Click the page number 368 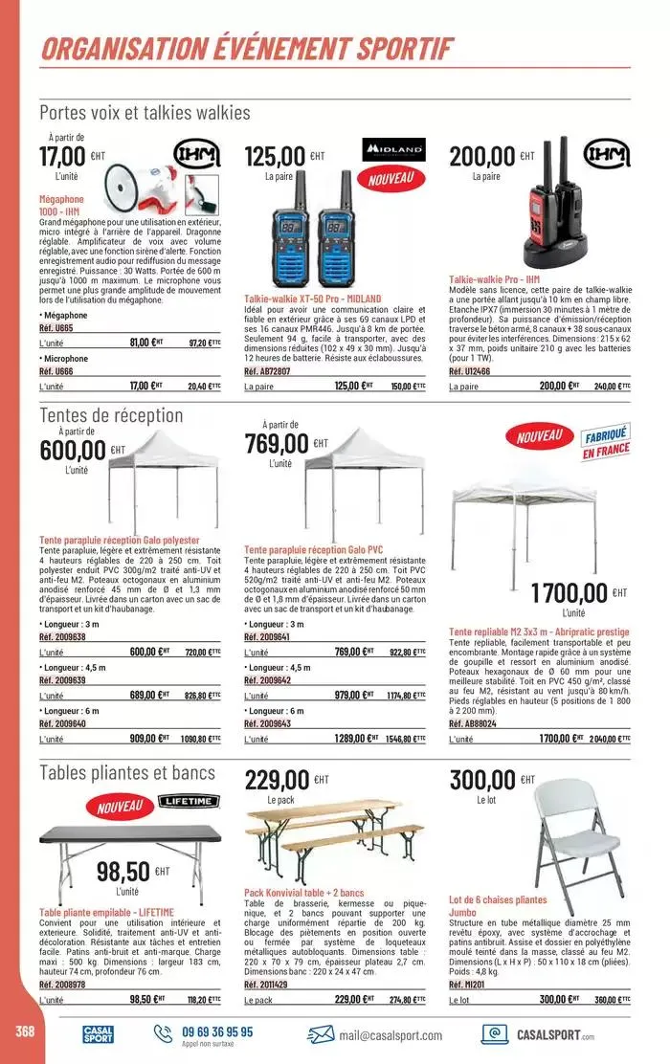(19, 1030)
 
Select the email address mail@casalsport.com (390, 1035)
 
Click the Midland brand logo (395, 151)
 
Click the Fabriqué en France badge (603, 443)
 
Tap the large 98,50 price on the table (123, 872)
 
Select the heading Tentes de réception (111, 414)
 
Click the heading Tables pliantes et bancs (127, 772)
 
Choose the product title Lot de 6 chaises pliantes (498, 899)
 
